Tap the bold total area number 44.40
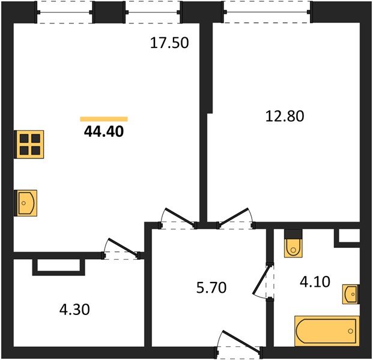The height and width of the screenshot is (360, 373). click(x=104, y=131)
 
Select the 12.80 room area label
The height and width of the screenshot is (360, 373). click(x=285, y=116)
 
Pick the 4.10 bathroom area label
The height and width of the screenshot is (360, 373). click(x=314, y=281)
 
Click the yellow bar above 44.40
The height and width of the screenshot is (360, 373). click(x=104, y=119)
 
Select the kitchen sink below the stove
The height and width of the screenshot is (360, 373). click(x=26, y=202)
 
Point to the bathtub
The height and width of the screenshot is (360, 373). click(x=326, y=330)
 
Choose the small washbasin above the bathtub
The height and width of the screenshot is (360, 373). click(x=350, y=295)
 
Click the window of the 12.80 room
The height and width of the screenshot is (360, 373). click(x=267, y=10)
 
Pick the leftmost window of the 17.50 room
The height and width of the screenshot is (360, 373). click(x=65, y=10)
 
